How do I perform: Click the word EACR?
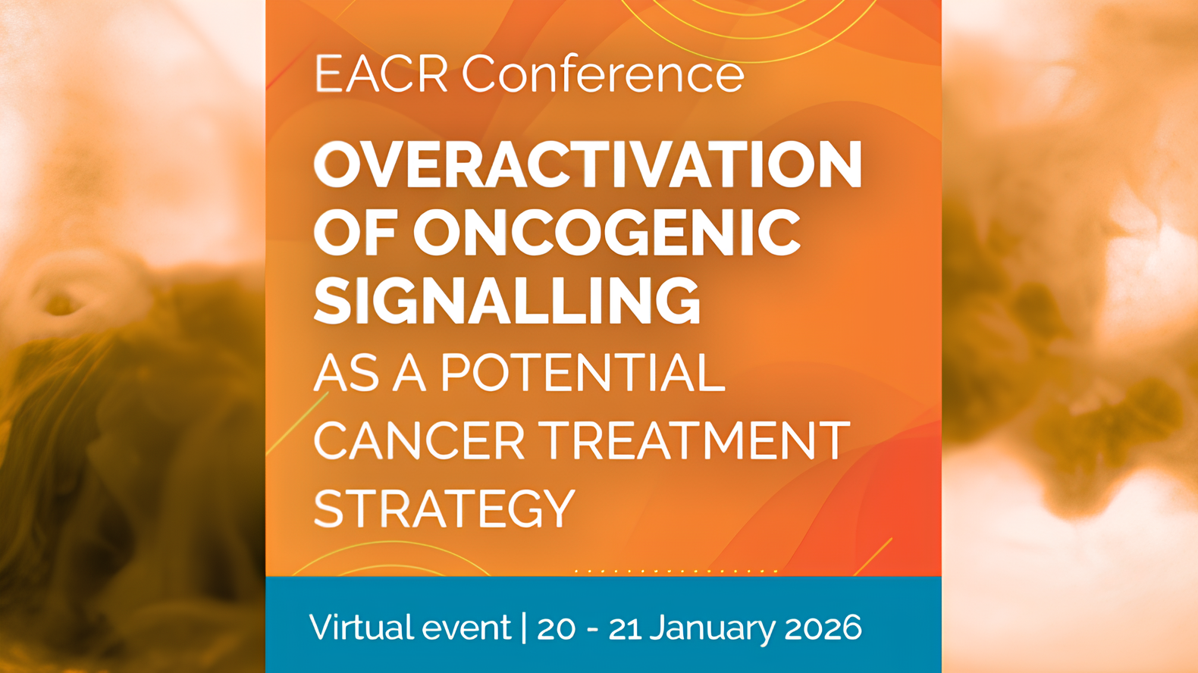coord(381,74)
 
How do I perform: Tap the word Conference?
coord(603,74)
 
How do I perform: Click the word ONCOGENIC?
coord(607,233)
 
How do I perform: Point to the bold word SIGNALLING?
coord(506,301)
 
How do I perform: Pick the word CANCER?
coord(419,440)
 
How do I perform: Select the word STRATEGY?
coord(444,509)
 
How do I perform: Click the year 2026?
coord(823,628)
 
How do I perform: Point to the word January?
coord(712,628)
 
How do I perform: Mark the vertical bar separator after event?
coord(524,628)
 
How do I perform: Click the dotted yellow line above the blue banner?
coord(676,571)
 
